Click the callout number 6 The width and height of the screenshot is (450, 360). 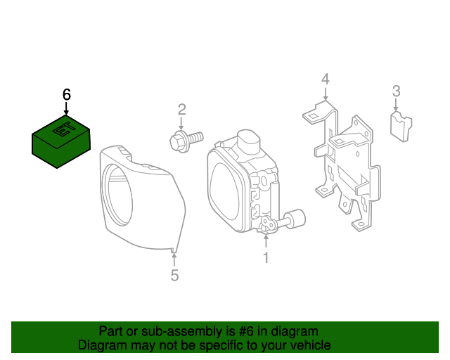67,94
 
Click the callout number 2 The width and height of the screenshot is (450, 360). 181,109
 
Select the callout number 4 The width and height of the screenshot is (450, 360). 325,78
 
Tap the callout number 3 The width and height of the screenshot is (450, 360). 397,90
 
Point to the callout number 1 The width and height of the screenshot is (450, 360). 266,258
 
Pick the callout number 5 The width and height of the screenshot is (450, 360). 174,276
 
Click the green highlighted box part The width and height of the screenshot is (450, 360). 62,141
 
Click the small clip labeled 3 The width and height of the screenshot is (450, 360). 401,127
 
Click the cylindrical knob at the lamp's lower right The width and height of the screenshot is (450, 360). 296,219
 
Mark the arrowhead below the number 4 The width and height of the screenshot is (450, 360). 325,98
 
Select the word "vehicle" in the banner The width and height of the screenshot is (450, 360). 309,345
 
